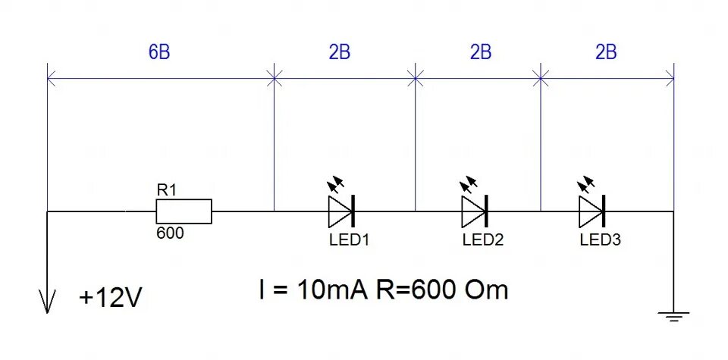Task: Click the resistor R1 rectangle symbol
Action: (x=184, y=212)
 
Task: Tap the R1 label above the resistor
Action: (x=166, y=190)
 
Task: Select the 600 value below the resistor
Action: (x=170, y=234)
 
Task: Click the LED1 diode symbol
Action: (x=341, y=211)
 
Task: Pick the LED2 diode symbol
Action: (x=473, y=211)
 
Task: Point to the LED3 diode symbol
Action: (x=591, y=211)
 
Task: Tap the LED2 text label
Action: (x=483, y=240)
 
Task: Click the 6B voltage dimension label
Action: (x=159, y=53)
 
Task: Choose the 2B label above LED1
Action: (x=340, y=53)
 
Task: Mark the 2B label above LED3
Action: (x=606, y=53)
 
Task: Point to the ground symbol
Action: (x=673, y=315)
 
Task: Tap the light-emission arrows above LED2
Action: (x=469, y=184)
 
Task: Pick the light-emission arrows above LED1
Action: (x=336, y=184)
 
